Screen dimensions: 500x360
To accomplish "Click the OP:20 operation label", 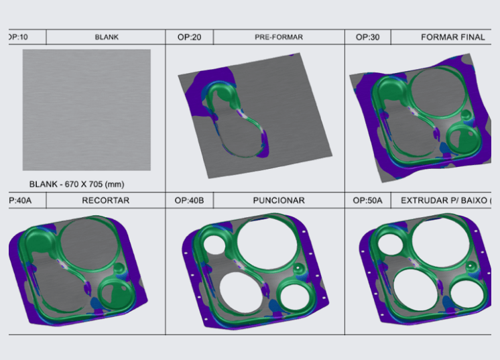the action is click(189, 37).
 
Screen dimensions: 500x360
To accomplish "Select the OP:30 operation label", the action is click(367, 37).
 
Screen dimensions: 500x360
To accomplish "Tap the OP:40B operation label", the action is click(189, 200).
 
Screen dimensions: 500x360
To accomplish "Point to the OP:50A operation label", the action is click(367, 200).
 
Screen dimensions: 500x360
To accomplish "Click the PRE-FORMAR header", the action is click(279, 37).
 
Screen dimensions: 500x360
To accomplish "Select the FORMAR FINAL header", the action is click(453, 37).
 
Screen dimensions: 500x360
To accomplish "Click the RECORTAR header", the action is click(105, 200).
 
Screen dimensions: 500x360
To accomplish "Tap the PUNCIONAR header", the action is click(279, 200).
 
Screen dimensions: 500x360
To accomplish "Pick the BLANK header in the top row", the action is click(107, 37).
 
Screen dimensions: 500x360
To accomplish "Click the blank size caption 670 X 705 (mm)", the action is click(95, 184).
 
